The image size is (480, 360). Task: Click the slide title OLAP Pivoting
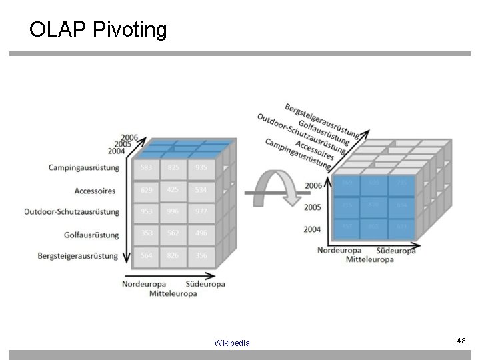tap(97, 30)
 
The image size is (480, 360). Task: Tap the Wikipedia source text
tap(232, 343)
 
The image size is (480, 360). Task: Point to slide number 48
tap(461, 341)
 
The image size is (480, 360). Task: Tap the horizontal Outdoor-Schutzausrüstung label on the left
tap(71, 212)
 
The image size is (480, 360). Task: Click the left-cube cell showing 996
tap(172, 212)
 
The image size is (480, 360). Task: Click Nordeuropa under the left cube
tap(141, 284)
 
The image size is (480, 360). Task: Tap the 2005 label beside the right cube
tap(313, 207)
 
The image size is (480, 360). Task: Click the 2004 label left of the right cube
tap(313, 229)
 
